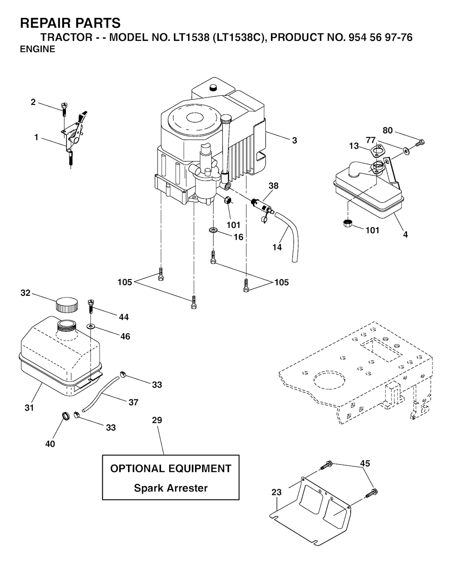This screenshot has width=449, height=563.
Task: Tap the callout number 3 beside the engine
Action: pos(295,140)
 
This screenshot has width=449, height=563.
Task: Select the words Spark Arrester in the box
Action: pos(171,488)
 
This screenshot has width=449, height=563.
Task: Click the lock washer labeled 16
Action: pos(214,230)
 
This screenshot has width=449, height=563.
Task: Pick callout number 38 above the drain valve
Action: pos(273,186)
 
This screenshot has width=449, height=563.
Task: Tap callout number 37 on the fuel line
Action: pos(133,402)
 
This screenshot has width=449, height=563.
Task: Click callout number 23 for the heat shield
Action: pos(276,492)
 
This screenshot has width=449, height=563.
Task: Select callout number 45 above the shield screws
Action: pos(365,463)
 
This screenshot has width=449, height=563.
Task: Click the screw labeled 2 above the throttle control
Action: pos(64,108)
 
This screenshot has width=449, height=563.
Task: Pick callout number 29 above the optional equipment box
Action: pos(157,420)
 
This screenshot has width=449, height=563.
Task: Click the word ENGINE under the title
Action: pos(38,50)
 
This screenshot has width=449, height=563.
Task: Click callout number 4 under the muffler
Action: pos(406,235)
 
